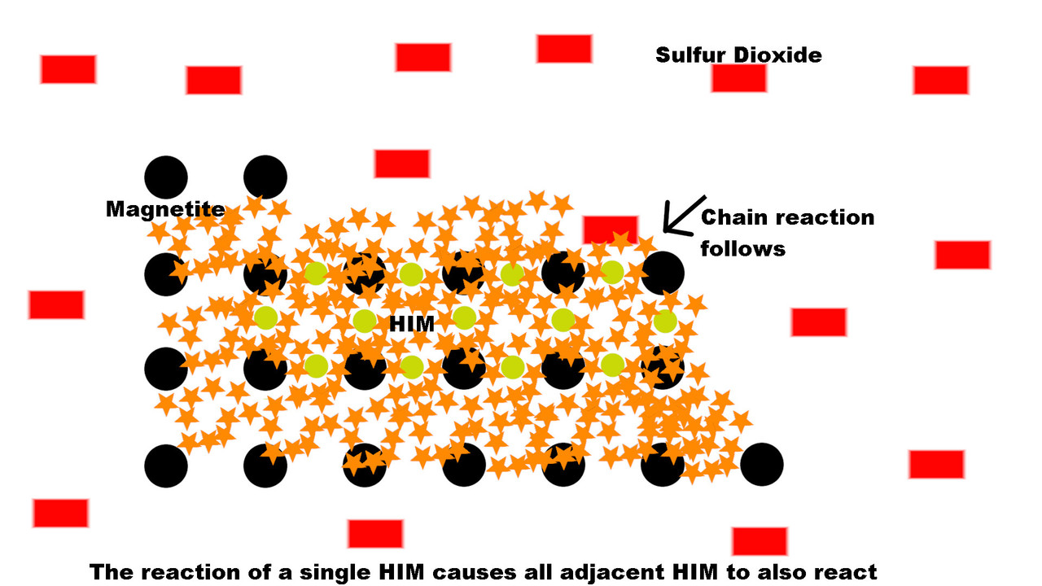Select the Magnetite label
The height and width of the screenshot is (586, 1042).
click(x=165, y=209)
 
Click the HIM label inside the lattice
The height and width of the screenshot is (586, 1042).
click(x=412, y=324)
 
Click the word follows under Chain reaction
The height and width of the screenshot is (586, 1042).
click(x=743, y=249)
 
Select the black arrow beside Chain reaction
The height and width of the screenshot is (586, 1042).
click(x=685, y=214)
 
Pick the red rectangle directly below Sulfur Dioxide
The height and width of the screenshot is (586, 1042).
click(x=738, y=78)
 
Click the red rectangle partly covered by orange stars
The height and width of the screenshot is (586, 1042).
click(x=611, y=230)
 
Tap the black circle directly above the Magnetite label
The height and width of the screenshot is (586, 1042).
click(x=166, y=177)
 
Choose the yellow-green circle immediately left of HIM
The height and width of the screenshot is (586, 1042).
click(x=365, y=321)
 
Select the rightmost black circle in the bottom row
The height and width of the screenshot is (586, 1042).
click(x=761, y=465)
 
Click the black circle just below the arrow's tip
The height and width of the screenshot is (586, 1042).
click(x=663, y=273)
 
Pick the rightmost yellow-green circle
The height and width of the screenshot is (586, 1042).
click(x=665, y=321)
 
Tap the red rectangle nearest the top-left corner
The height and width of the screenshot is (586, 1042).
click(x=68, y=69)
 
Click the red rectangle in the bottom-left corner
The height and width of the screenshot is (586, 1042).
click(x=60, y=513)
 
